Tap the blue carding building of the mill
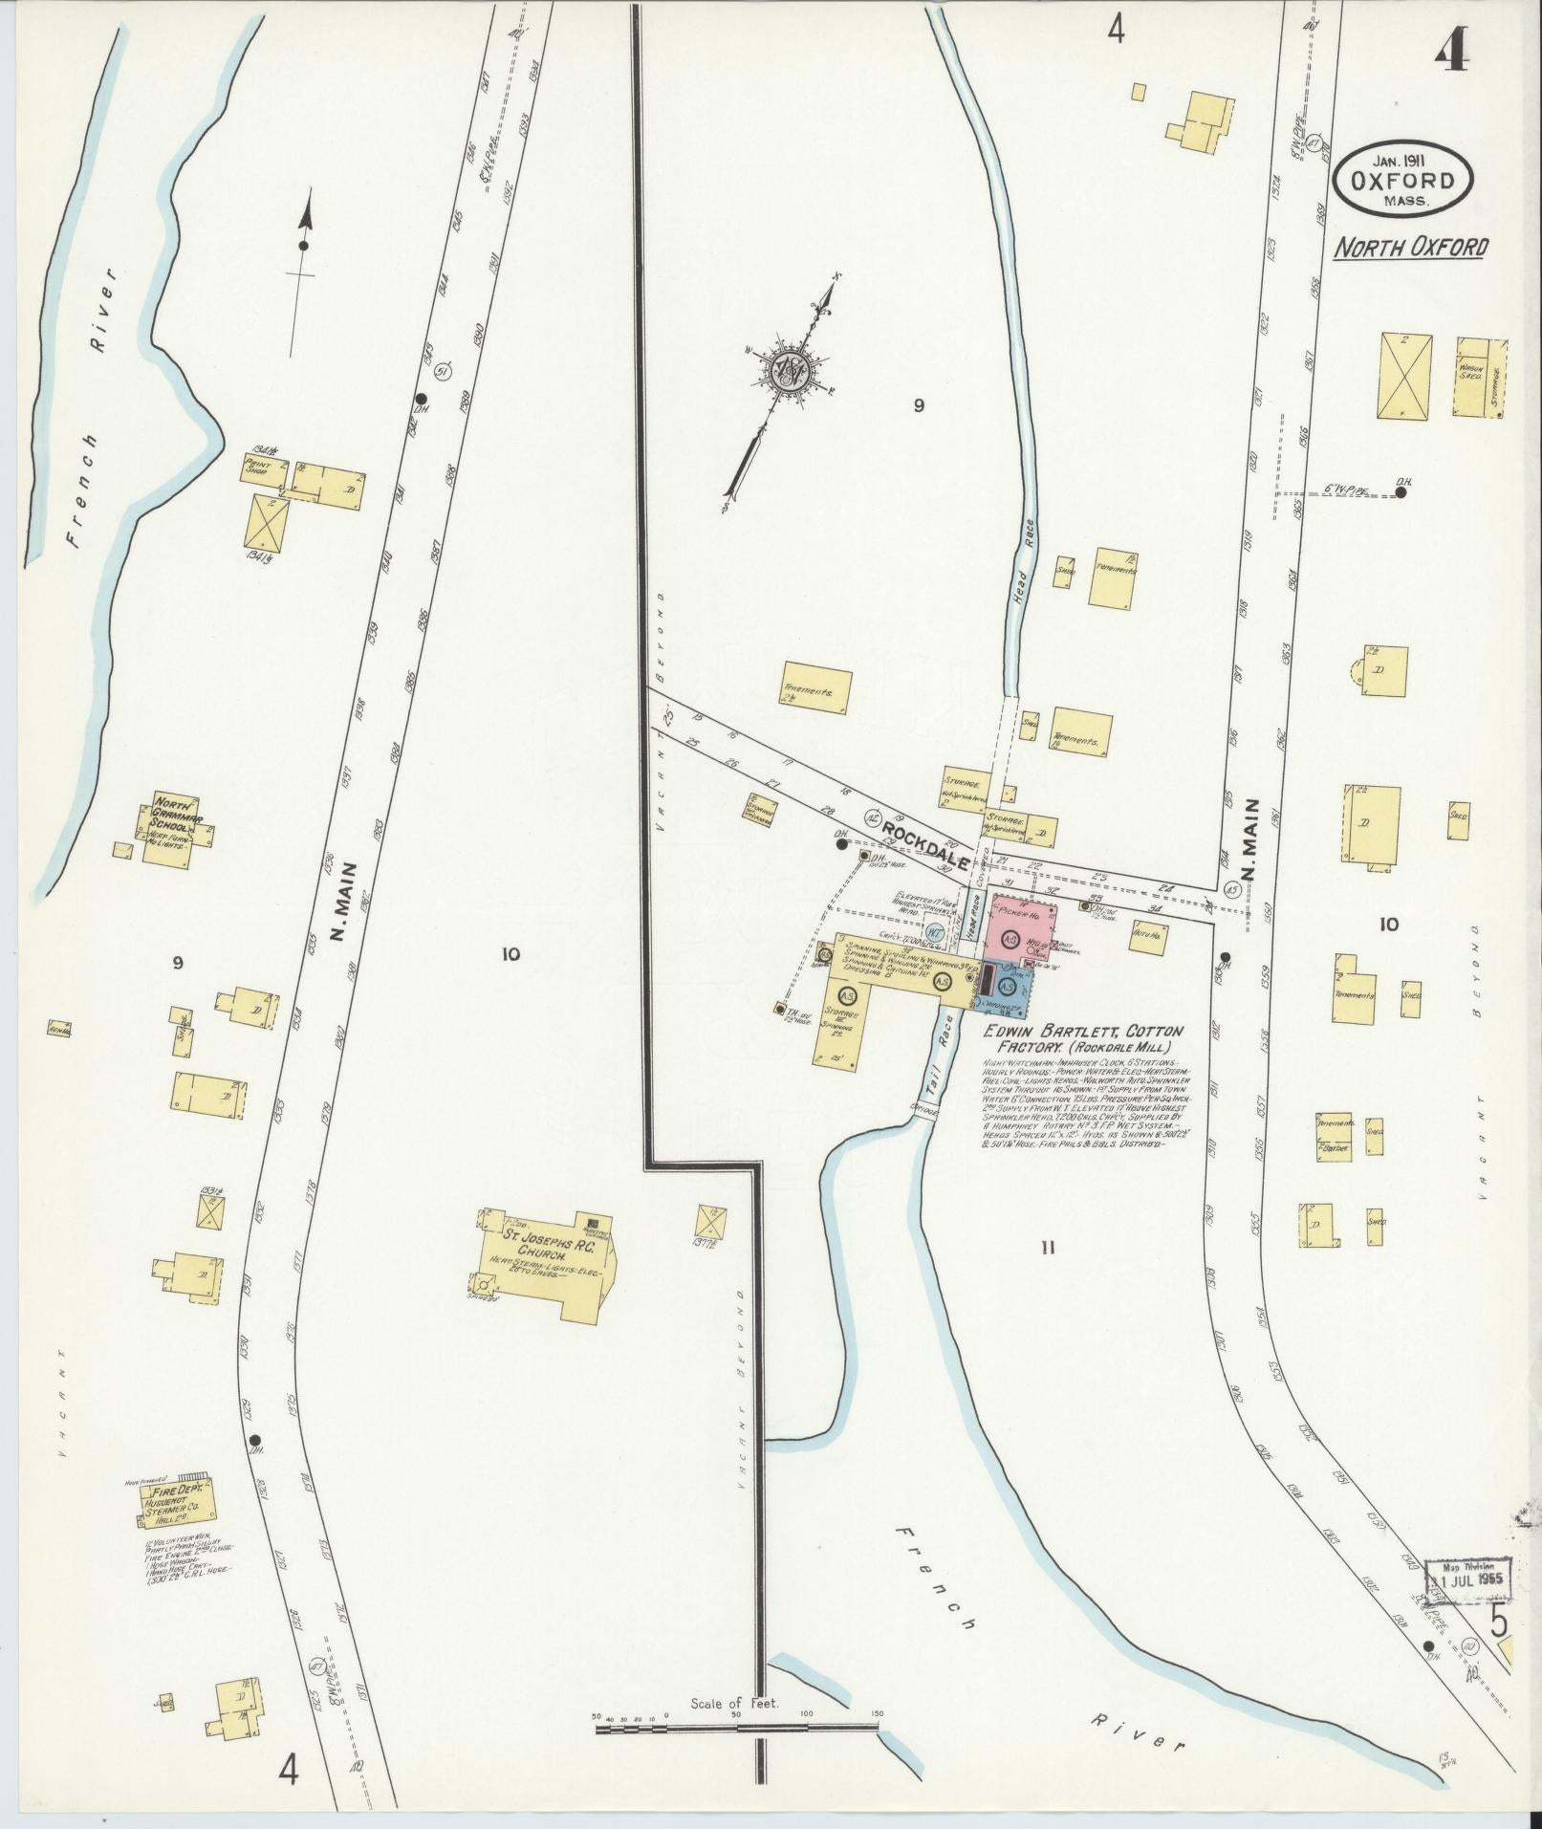[x=1007, y=990]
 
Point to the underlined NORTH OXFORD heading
[x=1411, y=248]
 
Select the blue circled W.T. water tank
[x=936, y=932]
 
